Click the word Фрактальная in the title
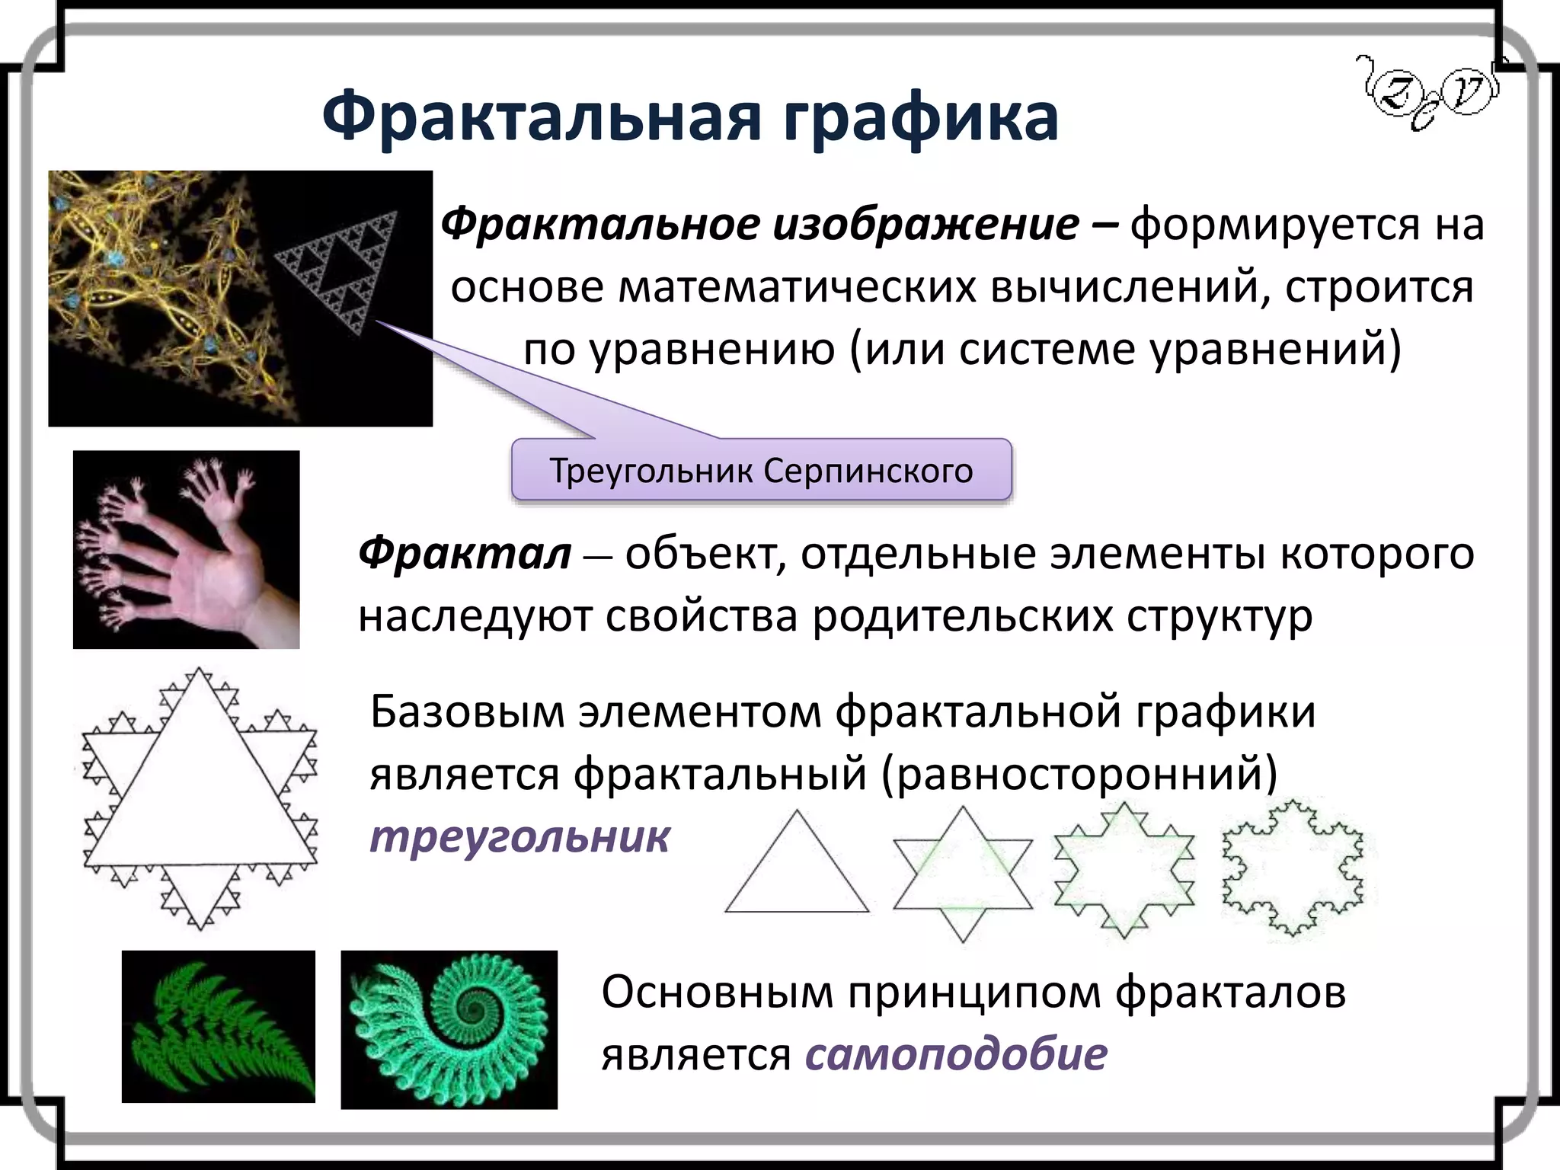click(x=542, y=118)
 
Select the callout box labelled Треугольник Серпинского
click(x=761, y=470)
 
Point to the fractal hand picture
click(x=186, y=549)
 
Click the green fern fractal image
click(x=219, y=1026)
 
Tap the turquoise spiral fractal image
click(x=449, y=1029)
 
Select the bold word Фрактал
click(x=465, y=553)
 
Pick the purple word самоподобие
click(x=956, y=1054)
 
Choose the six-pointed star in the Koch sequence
click(x=963, y=874)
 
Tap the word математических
click(x=797, y=287)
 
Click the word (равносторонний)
click(x=1079, y=774)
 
